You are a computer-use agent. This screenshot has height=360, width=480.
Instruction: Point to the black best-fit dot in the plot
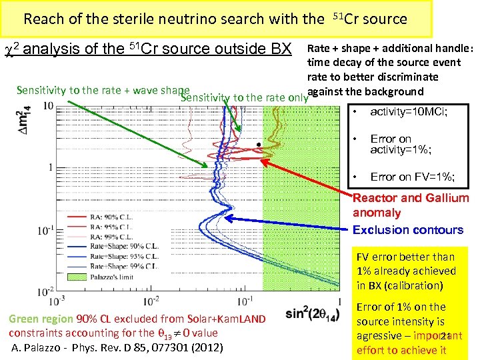coord(258,145)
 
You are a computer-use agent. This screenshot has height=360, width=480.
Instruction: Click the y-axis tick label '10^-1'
coord(46,230)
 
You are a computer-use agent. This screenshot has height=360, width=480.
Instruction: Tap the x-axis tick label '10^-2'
coord(152,301)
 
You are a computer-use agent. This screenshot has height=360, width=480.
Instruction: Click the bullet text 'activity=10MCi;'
coord(409,111)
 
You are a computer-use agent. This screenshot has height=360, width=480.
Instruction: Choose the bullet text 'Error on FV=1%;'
coord(413,177)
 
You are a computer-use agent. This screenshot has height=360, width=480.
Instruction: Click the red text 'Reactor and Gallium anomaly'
coord(410,205)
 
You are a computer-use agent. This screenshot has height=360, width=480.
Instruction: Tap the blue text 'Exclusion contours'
coord(407,230)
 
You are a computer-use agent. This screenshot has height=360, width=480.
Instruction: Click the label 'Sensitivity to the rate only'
coord(244,98)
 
